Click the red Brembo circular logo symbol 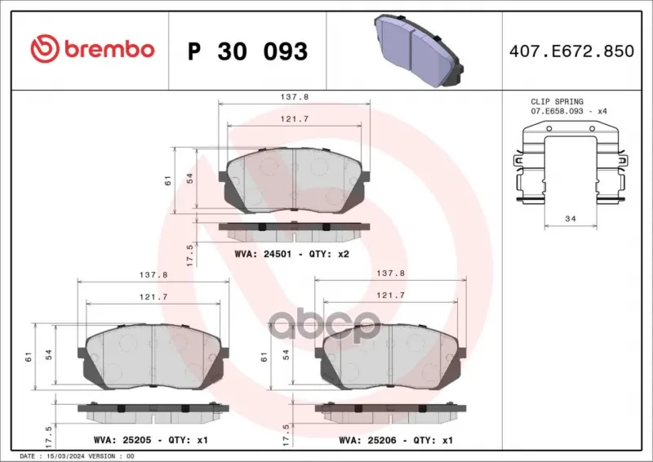(45, 49)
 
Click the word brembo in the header (109, 49)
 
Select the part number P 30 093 (248, 51)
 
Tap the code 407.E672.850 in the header (571, 51)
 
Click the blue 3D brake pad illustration (419, 51)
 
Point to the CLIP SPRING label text (557, 102)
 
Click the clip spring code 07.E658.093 (557, 111)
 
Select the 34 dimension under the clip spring (571, 219)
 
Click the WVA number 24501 (278, 254)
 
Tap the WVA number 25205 (136, 440)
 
